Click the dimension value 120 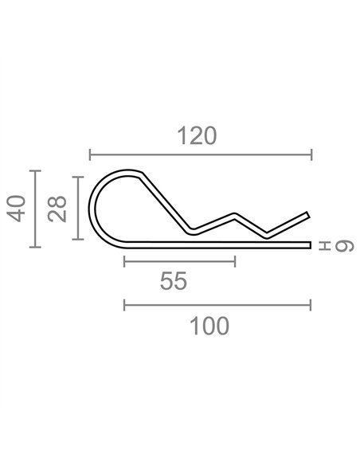[x=197, y=136]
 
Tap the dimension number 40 [x=16, y=208]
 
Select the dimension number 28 [x=57, y=209]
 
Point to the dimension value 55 [x=174, y=281]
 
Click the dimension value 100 [x=209, y=326]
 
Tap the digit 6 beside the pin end [x=344, y=247]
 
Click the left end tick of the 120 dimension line [x=90, y=154]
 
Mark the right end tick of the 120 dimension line [x=311, y=154]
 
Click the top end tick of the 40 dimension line [x=35, y=171]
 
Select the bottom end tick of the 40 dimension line [x=35, y=247]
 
